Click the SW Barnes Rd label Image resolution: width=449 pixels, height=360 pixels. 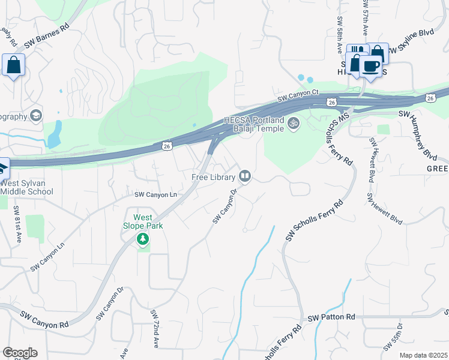[46, 36]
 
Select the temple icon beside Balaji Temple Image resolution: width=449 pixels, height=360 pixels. [294, 124]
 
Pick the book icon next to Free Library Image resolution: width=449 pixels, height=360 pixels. [245, 176]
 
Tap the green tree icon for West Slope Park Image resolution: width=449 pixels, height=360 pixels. [143, 240]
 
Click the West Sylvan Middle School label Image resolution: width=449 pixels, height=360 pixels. [26, 187]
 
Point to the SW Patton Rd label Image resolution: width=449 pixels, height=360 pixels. [331, 317]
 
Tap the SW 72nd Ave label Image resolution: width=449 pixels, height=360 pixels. [155, 329]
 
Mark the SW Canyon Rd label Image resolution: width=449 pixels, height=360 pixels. [44, 320]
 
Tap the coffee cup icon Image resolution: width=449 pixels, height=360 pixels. [370, 65]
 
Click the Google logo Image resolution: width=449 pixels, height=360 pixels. [20, 353]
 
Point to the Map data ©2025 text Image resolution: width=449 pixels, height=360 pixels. [424, 355]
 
